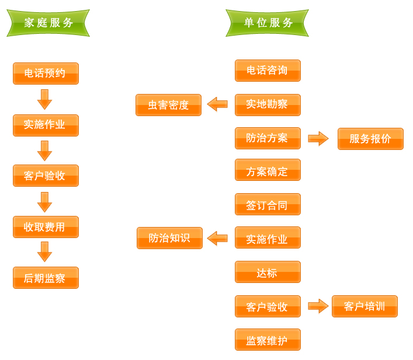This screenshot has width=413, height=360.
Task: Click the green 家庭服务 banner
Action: pos(48,23)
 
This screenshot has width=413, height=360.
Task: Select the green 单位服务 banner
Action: pos(267,23)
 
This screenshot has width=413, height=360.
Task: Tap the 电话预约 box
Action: pos(46,74)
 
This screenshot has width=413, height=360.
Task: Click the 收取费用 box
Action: pos(46,227)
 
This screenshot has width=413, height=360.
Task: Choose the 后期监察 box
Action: pos(46,278)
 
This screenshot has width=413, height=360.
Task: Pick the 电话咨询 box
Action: pos(268,71)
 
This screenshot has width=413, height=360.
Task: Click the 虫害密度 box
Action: pos(168,105)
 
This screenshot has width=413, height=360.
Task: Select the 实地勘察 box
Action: pos(268,105)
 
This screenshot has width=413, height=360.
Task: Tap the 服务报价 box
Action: pos(370,139)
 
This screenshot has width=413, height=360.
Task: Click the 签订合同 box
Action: pos(268,204)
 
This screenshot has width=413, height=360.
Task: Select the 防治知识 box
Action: pos(169,238)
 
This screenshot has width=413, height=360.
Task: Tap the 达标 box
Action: pos(268,272)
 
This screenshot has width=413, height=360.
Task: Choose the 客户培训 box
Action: pos(365,306)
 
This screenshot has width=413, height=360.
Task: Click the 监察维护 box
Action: pos(268,340)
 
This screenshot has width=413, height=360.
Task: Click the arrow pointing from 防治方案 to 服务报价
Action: pos(318,138)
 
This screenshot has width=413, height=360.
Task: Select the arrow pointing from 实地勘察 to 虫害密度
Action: pos(217,104)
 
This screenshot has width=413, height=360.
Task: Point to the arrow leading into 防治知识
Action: pos(217,238)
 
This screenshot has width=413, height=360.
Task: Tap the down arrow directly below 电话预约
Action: pos(44,99)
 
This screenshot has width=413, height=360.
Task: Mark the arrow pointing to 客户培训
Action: pos(318,306)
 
